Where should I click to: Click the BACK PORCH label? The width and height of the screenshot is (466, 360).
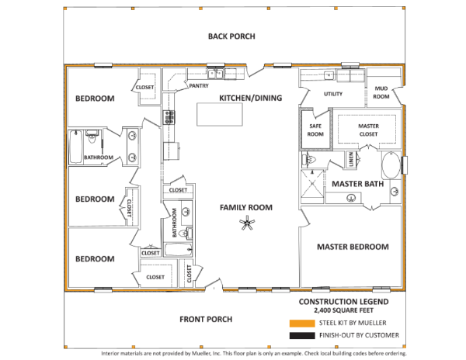tap(231, 36)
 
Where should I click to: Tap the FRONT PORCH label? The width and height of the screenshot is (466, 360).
tap(206, 320)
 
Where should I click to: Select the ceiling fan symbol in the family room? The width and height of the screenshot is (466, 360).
tap(247, 223)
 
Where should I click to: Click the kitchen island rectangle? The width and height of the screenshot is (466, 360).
tap(220, 115)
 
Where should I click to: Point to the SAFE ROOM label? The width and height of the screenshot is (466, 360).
tap(315, 130)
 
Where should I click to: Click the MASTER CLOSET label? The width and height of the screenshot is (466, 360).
tap(368, 130)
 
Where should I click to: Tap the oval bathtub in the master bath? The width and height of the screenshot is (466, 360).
tap(391, 165)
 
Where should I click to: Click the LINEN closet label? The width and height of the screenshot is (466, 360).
tap(351, 159)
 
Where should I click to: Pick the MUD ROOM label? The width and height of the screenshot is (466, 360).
tap(381, 92)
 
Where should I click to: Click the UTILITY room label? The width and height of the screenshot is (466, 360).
tap(333, 94)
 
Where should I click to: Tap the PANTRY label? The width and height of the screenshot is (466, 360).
tap(199, 86)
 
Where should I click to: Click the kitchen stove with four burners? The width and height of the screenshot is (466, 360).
tap(169, 117)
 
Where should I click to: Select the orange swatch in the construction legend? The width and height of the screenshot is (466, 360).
tap(302, 324)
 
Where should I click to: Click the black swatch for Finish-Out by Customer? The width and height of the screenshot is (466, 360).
tap(302, 336)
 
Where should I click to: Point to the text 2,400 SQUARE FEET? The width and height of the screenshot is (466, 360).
tap(344, 310)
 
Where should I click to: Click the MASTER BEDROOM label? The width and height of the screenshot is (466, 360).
tap(353, 247)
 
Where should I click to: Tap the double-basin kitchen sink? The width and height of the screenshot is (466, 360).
tap(216, 74)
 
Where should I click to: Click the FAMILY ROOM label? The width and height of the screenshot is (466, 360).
tap(246, 207)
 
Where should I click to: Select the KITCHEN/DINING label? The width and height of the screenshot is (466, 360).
tap(251, 98)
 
